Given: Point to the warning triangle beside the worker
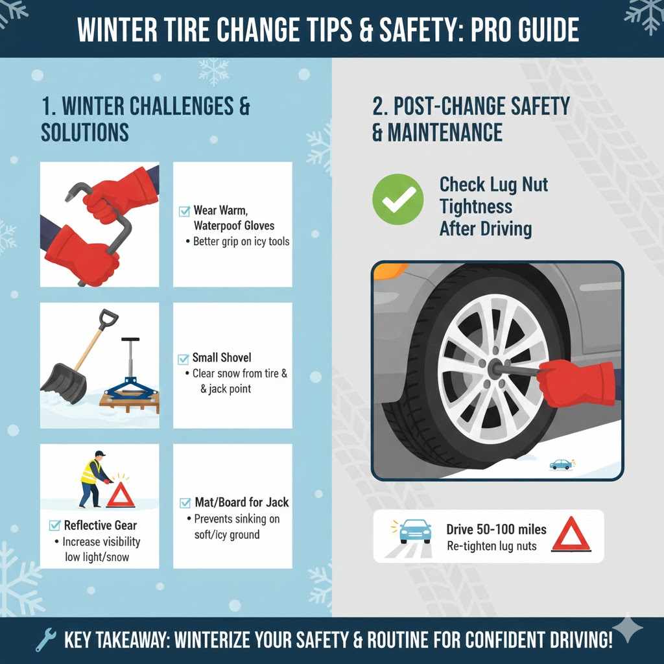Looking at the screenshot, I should coord(120,495).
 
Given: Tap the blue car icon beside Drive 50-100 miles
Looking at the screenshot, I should coord(415,531).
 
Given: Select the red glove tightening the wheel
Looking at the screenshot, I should coord(575,383).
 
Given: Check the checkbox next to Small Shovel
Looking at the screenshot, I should coord(183,358).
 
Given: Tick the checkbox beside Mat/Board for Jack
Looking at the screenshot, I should coord(184,503).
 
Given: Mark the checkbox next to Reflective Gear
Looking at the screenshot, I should coord(54,525).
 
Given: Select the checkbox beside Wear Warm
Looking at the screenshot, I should coord(184,211).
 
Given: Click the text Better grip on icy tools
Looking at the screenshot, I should coord(241,242).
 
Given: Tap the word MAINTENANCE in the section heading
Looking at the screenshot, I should coord(445,132).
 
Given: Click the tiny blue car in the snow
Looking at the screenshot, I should coord(561,464).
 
